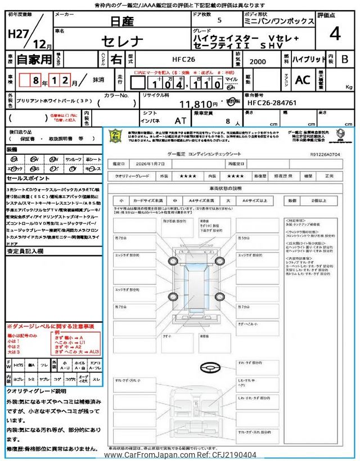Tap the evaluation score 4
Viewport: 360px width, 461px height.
(x=335, y=34)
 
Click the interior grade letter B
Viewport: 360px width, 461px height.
(x=344, y=59)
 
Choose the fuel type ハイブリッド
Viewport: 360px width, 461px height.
(x=308, y=59)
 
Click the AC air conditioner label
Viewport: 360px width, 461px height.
(x=303, y=80)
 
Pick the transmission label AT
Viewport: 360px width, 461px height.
(x=180, y=120)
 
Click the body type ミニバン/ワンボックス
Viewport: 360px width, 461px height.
(x=278, y=21)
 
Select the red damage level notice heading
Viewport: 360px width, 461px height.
(x=50, y=326)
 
